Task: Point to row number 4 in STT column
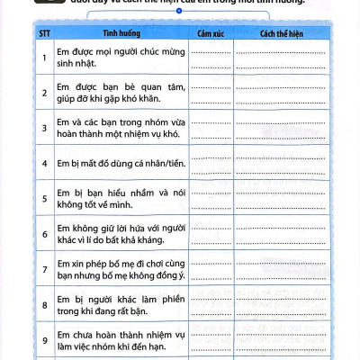coord(44,164)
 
